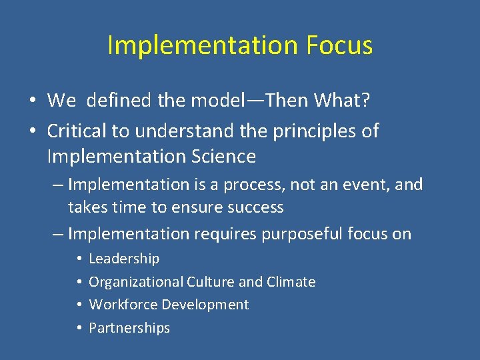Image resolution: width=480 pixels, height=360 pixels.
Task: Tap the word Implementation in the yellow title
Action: coord(202,45)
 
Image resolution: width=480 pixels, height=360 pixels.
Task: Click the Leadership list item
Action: coord(124,259)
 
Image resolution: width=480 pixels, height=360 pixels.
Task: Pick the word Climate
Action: coord(291,282)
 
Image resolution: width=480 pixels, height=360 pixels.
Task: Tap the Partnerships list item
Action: coord(129,328)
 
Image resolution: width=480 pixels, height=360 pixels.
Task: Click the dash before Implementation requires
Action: coord(57,234)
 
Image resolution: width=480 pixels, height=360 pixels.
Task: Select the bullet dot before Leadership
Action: coord(78,259)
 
